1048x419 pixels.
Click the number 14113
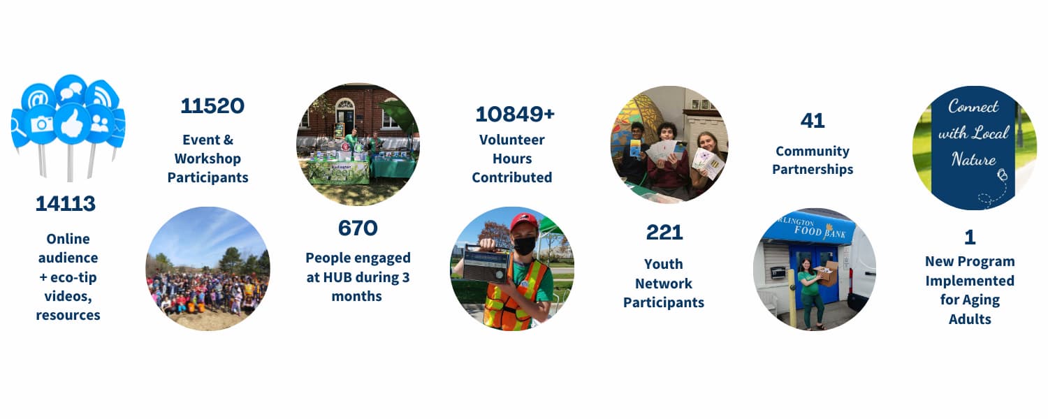coord(66,203)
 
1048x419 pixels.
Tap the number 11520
coord(212,105)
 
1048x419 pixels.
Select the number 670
coord(358,228)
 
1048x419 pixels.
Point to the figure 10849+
coord(515,114)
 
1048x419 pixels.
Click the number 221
coord(664,233)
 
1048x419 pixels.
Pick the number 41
coord(813,121)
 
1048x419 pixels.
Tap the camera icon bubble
coord(41,124)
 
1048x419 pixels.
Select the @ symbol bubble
coord(38,98)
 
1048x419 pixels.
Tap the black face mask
coord(525,246)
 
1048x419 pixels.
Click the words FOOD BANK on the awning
coord(820,231)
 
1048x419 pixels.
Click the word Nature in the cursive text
coord(974,159)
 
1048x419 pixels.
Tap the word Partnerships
coord(813,170)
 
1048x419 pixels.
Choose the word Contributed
coord(512,177)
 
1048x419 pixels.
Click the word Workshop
coord(208,159)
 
